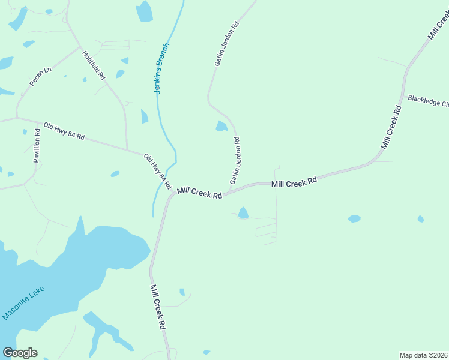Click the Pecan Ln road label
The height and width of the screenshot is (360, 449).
41,77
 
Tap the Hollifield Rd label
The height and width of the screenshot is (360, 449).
94,65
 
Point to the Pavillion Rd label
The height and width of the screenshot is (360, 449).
37,146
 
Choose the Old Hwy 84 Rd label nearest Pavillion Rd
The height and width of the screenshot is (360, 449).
64,131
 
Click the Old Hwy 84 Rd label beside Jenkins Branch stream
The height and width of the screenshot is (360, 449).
157,170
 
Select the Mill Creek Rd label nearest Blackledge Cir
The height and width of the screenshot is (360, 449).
391,127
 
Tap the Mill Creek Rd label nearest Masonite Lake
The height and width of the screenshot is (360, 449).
158,307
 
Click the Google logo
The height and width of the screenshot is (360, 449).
20,353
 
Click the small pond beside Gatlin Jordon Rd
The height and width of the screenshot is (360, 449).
221,126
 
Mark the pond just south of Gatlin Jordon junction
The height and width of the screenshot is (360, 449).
243,213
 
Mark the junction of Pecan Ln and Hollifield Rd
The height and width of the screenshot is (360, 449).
80,48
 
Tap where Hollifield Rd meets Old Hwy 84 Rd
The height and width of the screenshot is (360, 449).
127,149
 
